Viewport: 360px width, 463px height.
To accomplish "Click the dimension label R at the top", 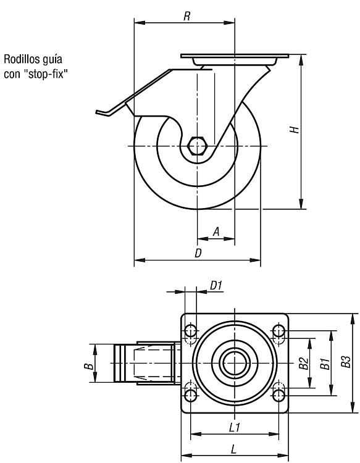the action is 186,16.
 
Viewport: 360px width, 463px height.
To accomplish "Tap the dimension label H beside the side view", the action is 294,130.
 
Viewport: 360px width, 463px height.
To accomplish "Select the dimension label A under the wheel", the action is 217,231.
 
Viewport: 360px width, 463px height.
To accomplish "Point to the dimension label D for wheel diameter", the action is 198,253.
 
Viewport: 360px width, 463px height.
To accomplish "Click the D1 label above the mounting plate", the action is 216,286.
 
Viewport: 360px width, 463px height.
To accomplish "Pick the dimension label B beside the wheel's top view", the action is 88,367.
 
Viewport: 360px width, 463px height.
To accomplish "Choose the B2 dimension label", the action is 304,363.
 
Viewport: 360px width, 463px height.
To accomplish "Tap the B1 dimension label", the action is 325,364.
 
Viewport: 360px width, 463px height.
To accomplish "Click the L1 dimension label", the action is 235,427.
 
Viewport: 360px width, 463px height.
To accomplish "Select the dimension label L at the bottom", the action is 233,449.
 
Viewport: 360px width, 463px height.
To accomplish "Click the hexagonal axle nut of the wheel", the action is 197,146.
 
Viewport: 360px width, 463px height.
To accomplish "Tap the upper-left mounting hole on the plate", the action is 190,331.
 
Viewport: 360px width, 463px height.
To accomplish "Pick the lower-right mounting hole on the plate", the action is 278,395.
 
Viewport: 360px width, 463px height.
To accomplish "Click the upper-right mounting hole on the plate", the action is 278,331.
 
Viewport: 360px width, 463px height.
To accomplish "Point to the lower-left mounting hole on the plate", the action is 190,395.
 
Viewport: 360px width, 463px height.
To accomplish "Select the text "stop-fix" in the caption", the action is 46,73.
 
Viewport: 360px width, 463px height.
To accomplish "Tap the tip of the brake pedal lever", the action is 96,112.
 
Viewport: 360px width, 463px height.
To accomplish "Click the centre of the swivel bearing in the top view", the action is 234,362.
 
